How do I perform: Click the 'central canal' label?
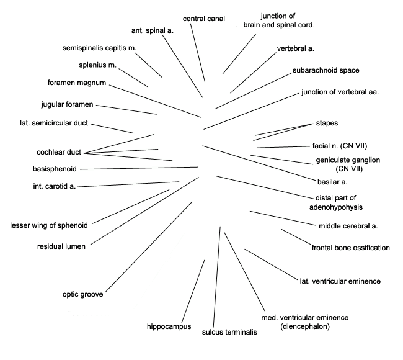coord(204,19)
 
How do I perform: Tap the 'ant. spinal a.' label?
coord(153,30)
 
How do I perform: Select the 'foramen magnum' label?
coord(77,83)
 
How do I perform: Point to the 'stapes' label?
coord(327,123)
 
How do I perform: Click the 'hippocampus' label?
coord(169,326)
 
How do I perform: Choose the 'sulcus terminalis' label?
coord(229,332)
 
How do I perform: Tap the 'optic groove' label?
coord(82,294)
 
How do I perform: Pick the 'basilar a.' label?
coord(332,182)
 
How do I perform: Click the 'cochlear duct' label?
coord(59,152)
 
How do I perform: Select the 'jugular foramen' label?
coord(68,104)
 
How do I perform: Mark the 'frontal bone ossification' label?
coord(350,248)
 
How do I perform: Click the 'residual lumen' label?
coord(61,246)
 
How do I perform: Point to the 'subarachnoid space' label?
coord(326,70)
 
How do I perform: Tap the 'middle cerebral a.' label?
coord(348,226)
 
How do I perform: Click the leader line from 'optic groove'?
coord(149,247)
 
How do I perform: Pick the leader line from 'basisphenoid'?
coord(139,168)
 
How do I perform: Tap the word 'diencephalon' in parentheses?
coord(305,326)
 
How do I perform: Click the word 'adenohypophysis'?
coord(336,207)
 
